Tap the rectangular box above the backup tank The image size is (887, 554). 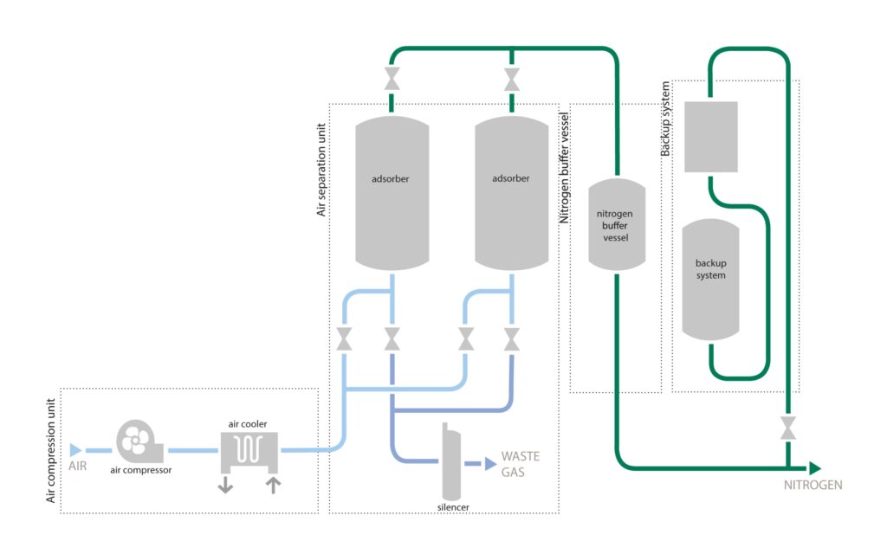[710, 138]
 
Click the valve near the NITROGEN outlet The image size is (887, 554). [787, 428]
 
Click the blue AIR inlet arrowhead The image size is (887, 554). [75, 450]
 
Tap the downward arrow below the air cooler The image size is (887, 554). [225, 484]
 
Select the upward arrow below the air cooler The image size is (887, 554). [274, 484]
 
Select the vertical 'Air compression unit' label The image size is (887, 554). [49, 451]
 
